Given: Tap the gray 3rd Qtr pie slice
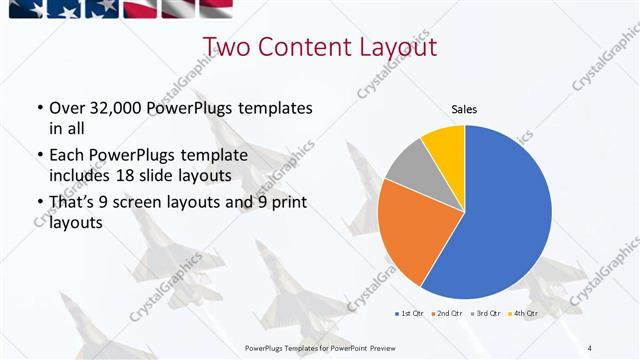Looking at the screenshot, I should [x=408, y=167].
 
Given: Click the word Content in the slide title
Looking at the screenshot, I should [x=305, y=47].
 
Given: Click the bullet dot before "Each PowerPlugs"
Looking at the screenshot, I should [x=39, y=156].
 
